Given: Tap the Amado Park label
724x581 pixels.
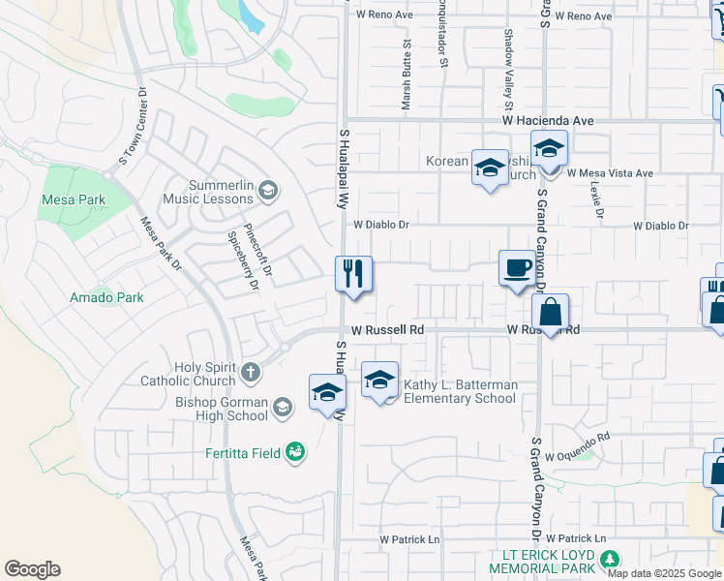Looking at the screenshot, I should tap(106, 297).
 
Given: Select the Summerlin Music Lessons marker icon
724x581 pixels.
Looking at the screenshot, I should tap(268, 191).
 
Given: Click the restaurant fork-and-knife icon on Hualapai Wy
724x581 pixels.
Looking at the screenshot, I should tap(353, 273).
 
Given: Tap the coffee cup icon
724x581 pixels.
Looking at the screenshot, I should tap(516, 266).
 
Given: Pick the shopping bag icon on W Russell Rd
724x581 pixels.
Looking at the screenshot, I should tap(550, 312).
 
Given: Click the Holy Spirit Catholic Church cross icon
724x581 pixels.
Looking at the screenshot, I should tap(251, 371).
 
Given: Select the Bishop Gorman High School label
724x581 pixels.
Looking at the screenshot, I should tap(222, 409).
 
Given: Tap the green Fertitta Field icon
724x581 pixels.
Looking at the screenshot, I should tap(296, 451).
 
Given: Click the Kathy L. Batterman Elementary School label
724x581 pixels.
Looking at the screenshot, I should tap(460, 391).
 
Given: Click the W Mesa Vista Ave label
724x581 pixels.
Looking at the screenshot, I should tap(610, 173).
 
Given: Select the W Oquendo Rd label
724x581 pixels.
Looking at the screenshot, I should tap(578, 439).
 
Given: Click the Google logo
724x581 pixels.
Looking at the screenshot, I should tap(32, 568).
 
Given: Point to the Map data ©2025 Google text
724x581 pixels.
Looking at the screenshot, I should tap(665, 574).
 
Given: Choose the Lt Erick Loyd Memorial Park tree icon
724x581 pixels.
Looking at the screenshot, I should tap(609, 559).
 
